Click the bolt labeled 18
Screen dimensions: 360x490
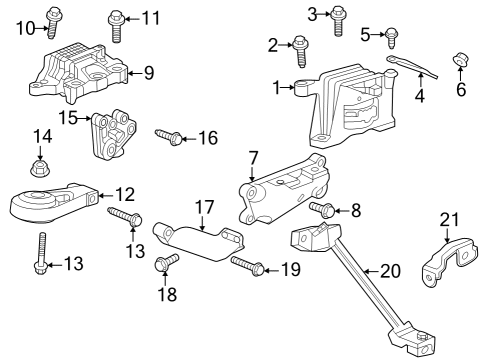(164, 264)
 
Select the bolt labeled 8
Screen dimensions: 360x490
(323, 209)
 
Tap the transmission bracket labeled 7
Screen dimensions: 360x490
(284, 189)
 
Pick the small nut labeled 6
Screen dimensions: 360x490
(461, 64)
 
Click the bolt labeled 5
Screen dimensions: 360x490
(392, 39)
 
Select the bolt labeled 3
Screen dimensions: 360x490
(339, 18)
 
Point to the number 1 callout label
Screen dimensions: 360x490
(277, 88)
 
